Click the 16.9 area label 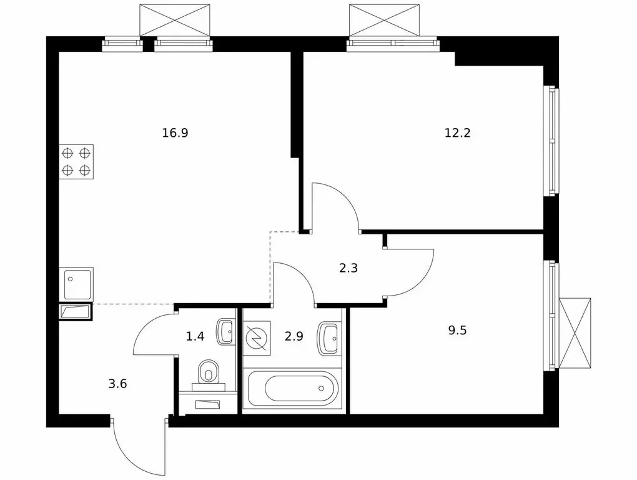click(x=175, y=133)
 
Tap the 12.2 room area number click(x=457, y=133)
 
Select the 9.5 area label click(x=457, y=331)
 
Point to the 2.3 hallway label click(x=348, y=268)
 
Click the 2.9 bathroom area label click(x=294, y=336)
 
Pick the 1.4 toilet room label click(x=195, y=336)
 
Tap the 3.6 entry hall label click(x=118, y=383)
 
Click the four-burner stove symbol click(x=76, y=161)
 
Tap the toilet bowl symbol click(x=209, y=372)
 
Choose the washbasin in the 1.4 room click(x=225, y=332)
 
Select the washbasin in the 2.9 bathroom click(x=330, y=337)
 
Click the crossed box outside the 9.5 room click(x=575, y=333)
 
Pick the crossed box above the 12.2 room click(x=384, y=21)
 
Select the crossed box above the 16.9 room click(x=175, y=21)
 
